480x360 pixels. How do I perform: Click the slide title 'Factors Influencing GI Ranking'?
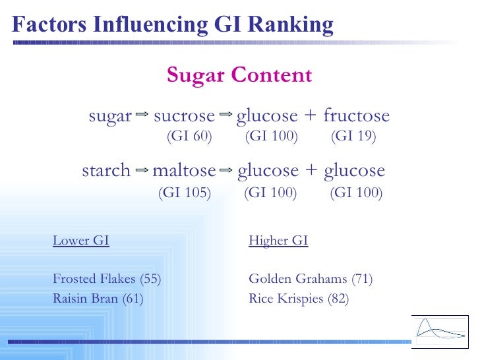173,24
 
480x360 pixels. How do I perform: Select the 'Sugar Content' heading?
239,75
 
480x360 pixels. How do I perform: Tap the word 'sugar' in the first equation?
110,117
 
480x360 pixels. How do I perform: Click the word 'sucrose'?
184,117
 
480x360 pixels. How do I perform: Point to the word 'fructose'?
356,117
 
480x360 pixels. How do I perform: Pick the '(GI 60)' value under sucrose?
189,136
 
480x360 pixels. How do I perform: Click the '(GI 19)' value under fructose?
353,136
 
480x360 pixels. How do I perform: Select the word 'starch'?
106,171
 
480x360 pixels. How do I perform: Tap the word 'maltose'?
184,171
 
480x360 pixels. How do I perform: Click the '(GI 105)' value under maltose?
185,193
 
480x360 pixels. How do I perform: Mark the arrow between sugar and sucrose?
141,115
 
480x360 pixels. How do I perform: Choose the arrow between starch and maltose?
141,170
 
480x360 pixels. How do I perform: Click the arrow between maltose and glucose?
226,170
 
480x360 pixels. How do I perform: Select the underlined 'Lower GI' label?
81,241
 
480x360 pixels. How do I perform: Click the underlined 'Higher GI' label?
278,241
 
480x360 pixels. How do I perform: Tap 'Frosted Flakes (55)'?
107,279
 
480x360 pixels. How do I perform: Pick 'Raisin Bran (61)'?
98,299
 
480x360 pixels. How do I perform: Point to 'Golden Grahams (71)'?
311,279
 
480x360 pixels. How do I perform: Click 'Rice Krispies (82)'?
299,299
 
